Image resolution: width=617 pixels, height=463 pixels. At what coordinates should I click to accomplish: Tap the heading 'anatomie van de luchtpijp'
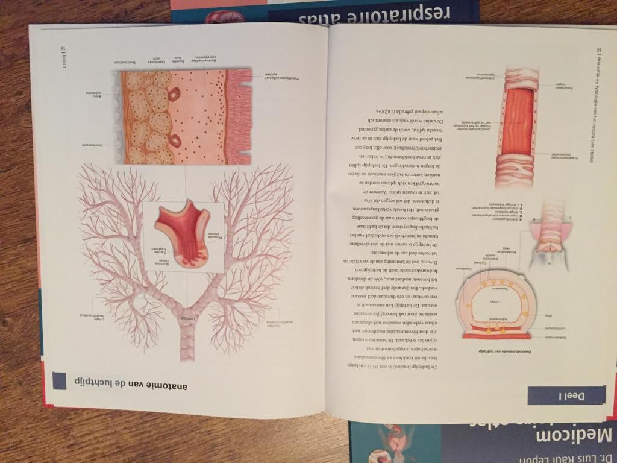click(x=126, y=381)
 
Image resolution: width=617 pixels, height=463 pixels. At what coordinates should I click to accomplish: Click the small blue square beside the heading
click(x=60, y=381)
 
